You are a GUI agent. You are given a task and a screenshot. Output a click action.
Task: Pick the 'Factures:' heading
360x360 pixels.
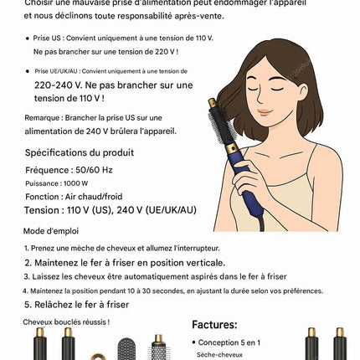(214, 325)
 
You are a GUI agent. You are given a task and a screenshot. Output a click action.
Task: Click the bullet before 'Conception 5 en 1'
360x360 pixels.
(193, 342)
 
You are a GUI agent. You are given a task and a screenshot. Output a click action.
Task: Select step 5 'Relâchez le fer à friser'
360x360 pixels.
(76, 305)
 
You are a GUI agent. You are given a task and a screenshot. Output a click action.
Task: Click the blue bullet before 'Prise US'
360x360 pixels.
(27, 39)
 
